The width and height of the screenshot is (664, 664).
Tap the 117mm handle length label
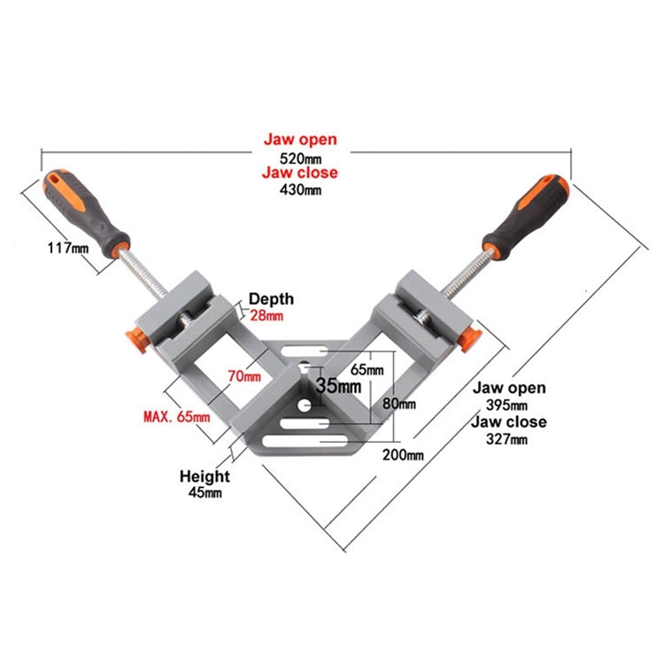click(67, 249)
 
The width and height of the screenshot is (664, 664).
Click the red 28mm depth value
click(266, 316)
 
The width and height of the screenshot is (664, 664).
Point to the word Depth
click(270, 299)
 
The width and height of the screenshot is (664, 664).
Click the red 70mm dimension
click(244, 376)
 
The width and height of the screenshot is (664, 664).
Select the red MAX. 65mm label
click(177, 415)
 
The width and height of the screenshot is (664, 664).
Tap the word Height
click(205, 476)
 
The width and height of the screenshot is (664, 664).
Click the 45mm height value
click(205, 493)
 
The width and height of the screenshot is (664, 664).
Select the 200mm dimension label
click(404, 455)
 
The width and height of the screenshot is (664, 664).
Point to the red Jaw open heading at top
click(300, 140)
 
